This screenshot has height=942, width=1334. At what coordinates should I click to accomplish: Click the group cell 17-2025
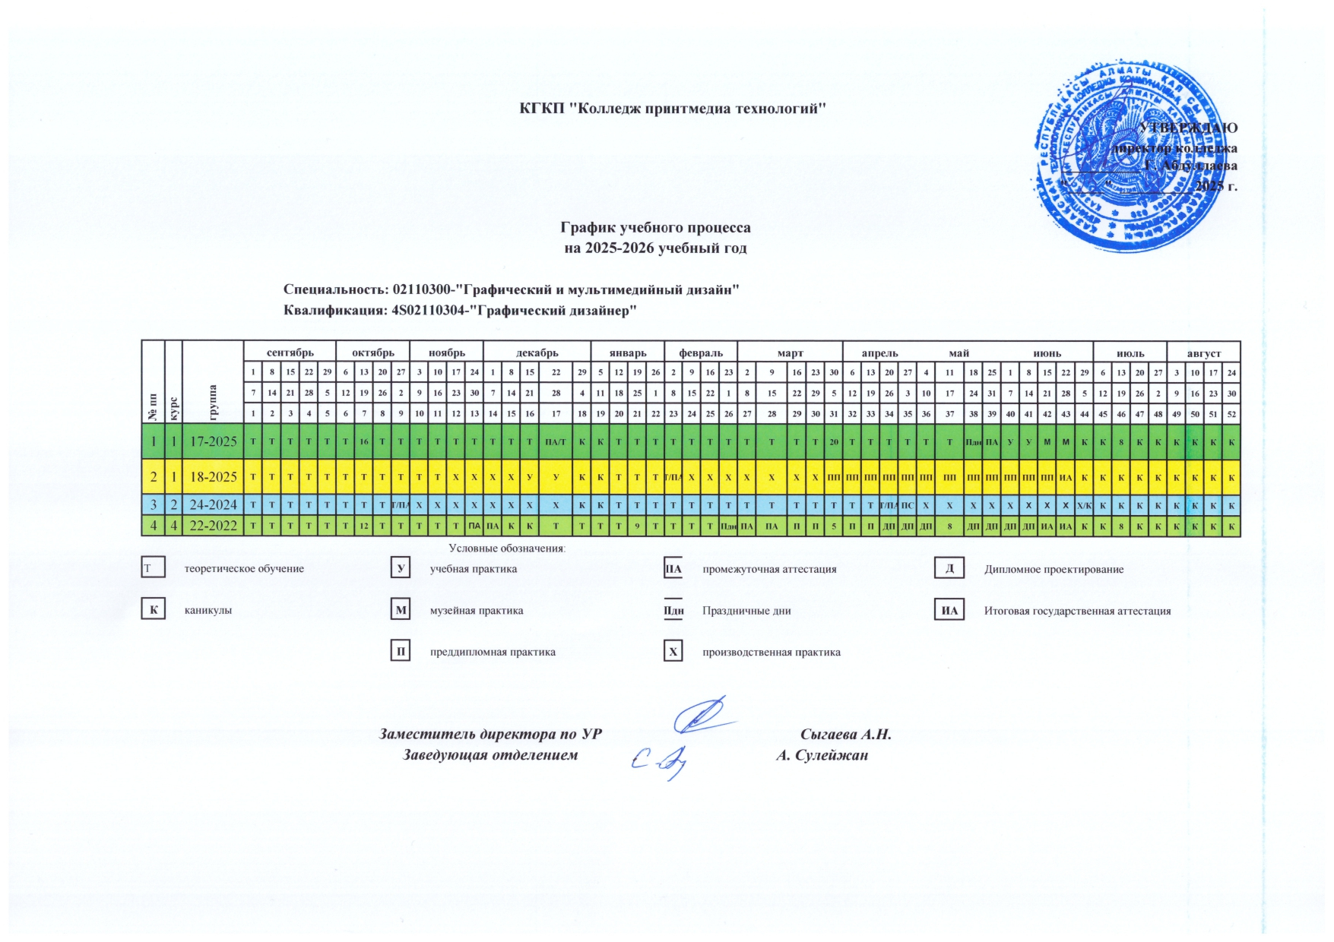pyautogui.click(x=213, y=441)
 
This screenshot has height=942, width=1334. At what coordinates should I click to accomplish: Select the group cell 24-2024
pyautogui.click(x=213, y=504)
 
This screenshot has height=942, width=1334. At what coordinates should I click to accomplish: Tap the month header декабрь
pyautogui.click(x=537, y=352)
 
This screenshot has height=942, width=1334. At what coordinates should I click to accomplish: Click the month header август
pyautogui.click(x=1203, y=353)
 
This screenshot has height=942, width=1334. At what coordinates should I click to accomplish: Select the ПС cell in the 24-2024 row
pyautogui.click(x=908, y=505)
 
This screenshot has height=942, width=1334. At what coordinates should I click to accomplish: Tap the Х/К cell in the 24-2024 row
pyautogui.click(x=1084, y=505)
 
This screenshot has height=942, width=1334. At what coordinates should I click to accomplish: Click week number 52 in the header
pyautogui.click(x=1231, y=414)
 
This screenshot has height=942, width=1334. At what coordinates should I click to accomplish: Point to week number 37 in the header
pyautogui.click(x=949, y=414)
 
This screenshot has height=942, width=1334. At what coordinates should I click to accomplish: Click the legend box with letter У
pyautogui.click(x=401, y=568)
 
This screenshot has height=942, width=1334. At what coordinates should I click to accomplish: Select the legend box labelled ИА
pyautogui.click(x=949, y=610)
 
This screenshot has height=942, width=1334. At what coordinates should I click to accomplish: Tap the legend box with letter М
pyautogui.click(x=401, y=610)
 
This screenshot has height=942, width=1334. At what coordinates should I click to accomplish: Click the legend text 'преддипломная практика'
pyautogui.click(x=493, y=652)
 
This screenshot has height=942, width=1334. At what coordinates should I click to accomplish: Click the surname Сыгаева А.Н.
pyautogui.click(x=845, y=735)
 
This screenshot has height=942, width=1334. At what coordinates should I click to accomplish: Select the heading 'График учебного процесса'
pyautogui.click(x=655, y=228)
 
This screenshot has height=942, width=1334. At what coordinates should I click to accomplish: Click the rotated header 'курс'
pyautogui.click(x=174, y=407)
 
